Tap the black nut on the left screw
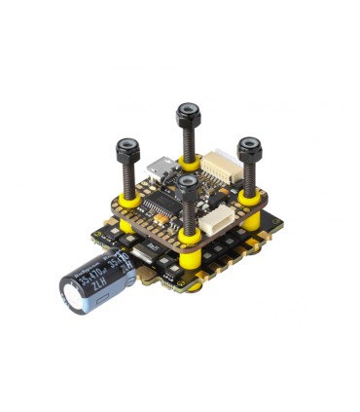click(127, 150)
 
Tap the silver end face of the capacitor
click(74, 292)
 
